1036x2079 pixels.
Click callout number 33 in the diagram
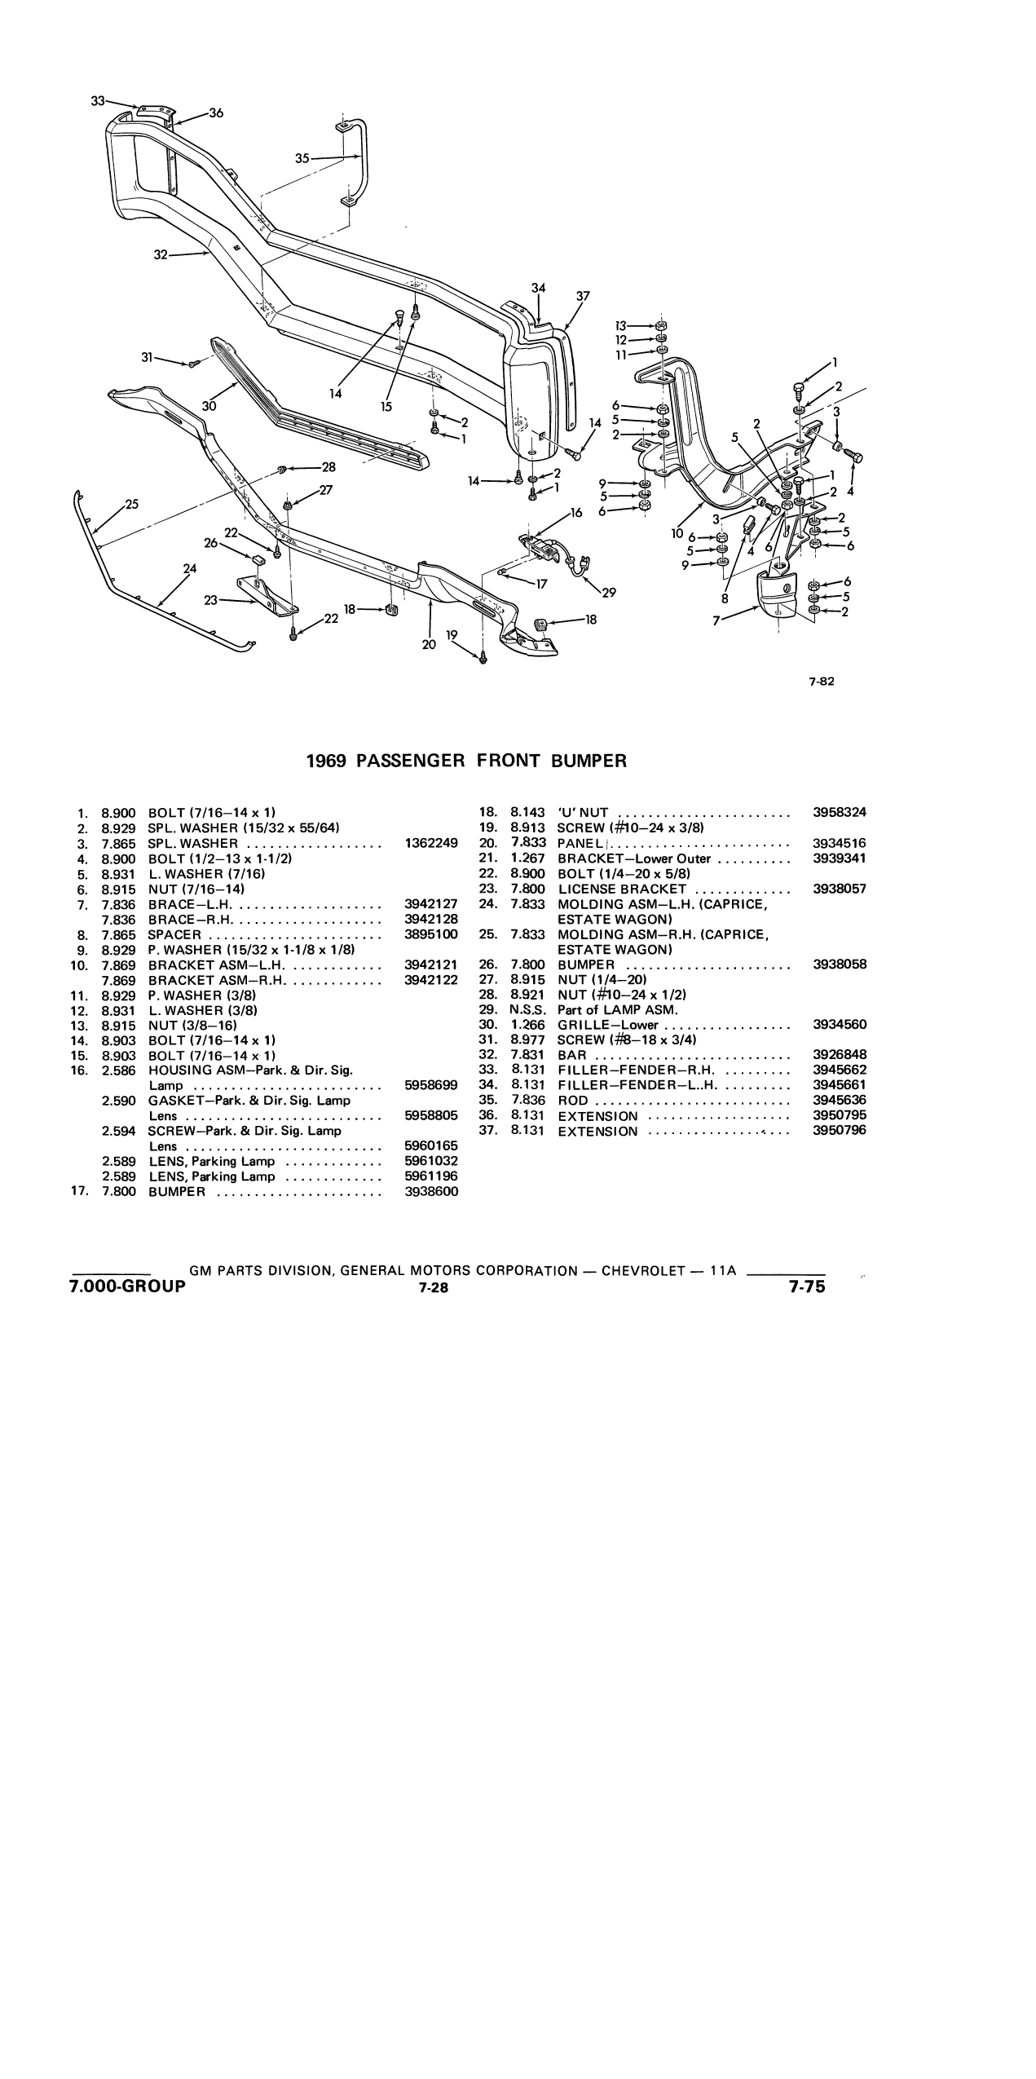click(98, 101)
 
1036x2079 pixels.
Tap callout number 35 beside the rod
click(302, 158)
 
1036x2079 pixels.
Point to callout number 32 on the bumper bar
click(161, 255)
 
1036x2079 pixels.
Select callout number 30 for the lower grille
click(209, 405)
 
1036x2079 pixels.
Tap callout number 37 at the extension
click(583, 296)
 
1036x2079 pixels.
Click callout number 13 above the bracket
click(622, 324)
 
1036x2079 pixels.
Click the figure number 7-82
click(822, 683)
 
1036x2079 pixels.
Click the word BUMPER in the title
click(589, 761)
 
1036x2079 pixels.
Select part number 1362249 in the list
click(431, 843)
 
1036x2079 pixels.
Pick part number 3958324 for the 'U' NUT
click(840, 812)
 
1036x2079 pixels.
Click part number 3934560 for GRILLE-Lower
click(840, 1025)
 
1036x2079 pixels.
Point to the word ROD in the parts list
click(573, 1101)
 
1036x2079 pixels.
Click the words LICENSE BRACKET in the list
click(622, 889)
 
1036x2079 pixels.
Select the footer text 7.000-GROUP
click(128, 1287)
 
